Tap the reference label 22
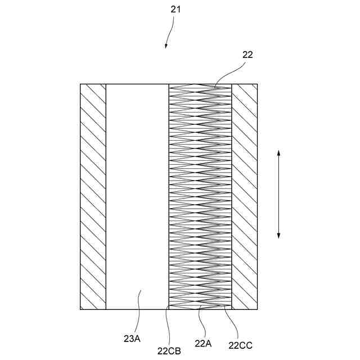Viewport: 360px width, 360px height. coord(247,55)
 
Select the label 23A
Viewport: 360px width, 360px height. coord(133,339)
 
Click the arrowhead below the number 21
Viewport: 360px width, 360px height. coord(166,46)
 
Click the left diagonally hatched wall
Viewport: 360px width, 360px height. coord(93,197)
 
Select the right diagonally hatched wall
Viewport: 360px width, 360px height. coord(245,197)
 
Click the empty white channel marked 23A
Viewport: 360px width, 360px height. coord(137,197)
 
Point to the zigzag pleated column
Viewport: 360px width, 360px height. coord(200,197)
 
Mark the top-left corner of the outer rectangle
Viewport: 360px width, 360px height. coord(80,84)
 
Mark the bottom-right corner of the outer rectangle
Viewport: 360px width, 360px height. coord(258,309)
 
